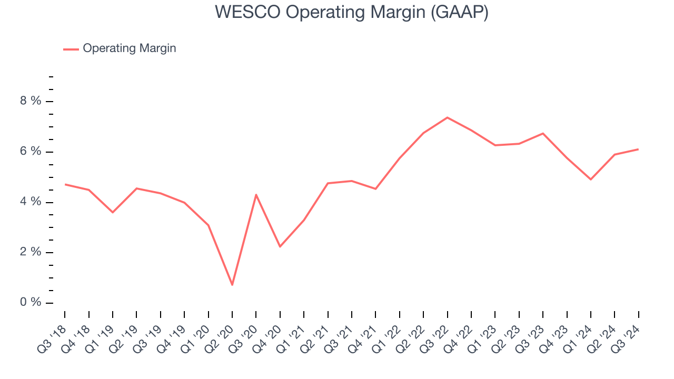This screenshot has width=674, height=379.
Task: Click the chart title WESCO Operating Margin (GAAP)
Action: point(351,13)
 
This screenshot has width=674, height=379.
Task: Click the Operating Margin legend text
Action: point(129,48)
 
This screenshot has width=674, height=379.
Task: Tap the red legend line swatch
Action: point(71,49)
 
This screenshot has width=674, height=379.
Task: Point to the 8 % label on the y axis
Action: point(31,101)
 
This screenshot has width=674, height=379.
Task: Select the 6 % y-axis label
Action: point(31,152)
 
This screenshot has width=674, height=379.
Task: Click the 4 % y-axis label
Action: point(31,202)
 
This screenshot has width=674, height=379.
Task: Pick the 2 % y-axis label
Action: point(31,252)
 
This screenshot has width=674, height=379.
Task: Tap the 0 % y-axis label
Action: point(31,303)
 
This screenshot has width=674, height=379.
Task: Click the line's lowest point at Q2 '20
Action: point(232,285)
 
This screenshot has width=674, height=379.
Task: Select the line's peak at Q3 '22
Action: point(447,117)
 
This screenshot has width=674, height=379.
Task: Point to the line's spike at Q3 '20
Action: point(256,195)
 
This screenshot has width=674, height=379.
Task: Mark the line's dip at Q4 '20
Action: point(280,246)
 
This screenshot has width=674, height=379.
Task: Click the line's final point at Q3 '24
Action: point(638,149)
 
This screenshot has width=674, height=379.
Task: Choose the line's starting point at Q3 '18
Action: point(65,184)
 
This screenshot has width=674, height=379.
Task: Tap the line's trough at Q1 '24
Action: point(590,179)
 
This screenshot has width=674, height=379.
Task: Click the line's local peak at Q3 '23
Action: point(542,133)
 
